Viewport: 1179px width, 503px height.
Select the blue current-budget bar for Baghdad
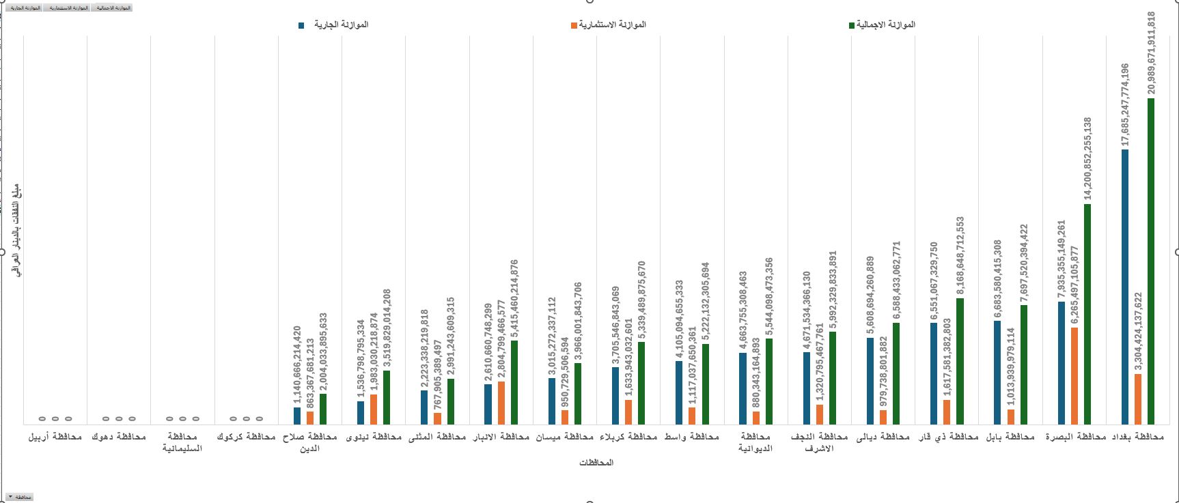[x=1125, y=287]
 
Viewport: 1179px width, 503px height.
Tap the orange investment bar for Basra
[x=1074, y=375]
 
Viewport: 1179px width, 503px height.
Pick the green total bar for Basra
[x=1087, y=314]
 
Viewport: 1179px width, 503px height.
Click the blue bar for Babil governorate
[x=997, y=372]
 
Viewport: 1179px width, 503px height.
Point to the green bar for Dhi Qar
[x=960, y=361]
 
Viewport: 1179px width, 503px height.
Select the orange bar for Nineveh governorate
[x=374, y=409]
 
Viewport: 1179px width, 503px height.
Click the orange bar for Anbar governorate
[x=501, y=403]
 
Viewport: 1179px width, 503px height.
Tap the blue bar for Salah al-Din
[x=297, y=416]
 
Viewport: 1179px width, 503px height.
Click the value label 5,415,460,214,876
[x=514, y=298]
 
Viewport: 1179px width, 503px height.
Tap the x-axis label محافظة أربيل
[x=55, y=437]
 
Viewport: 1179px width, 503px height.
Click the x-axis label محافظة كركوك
[x=246, y=437]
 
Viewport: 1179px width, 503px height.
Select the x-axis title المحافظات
[x=596, y=463]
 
